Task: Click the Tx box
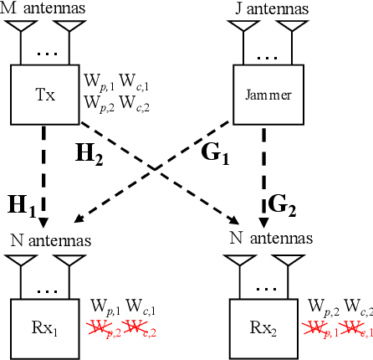pyautogui.click(x=48, y=94)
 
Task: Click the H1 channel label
pyautogui.click(x=22, y=204)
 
